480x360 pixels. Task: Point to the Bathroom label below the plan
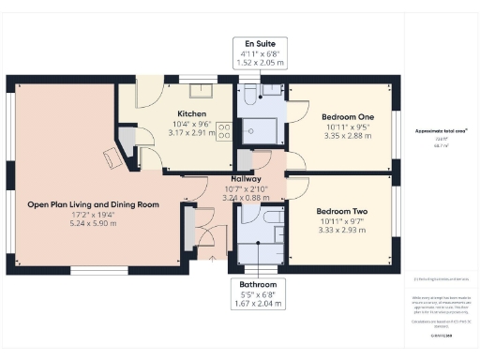(x=257, y=283)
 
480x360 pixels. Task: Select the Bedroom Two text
(x=341, y=212)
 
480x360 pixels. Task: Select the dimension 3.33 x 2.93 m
(x=341, y=232)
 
